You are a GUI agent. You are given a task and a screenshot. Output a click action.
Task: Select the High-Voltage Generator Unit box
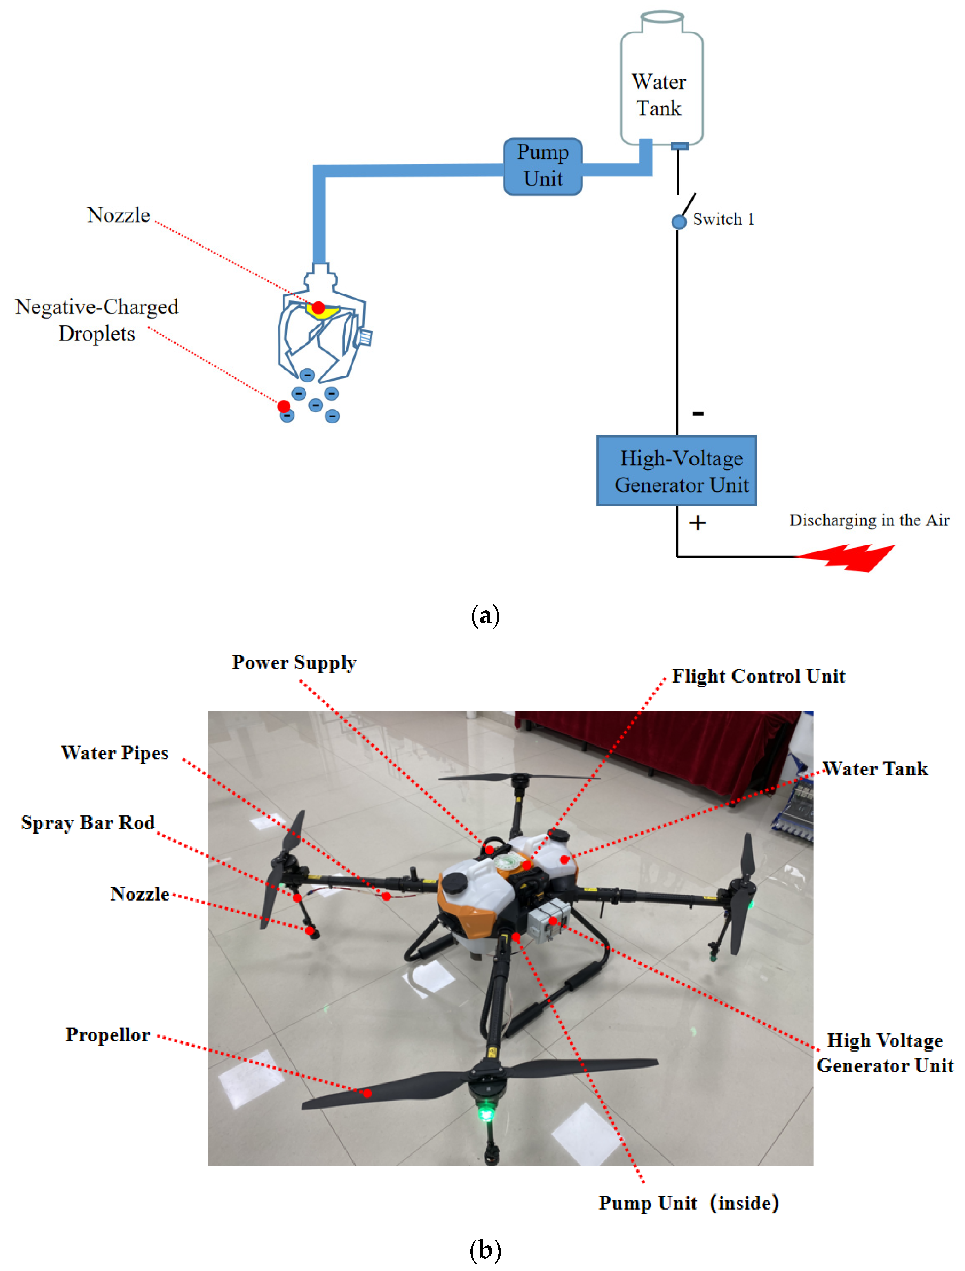pos(676,470)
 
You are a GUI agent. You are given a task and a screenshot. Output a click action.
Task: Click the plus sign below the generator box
pos(697,523)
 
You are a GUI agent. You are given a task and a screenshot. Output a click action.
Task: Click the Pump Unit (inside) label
pos(688,1203)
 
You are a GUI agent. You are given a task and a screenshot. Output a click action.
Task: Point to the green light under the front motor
pos(486,1113)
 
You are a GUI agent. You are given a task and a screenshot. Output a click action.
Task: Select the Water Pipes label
pos(114,753)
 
